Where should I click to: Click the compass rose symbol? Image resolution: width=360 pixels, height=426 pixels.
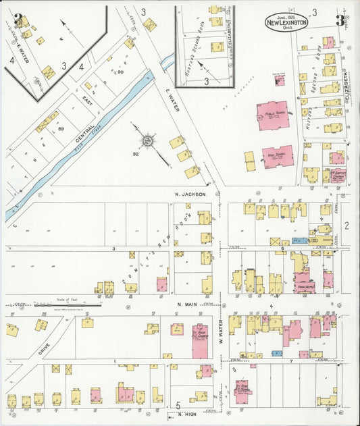click(146, 142)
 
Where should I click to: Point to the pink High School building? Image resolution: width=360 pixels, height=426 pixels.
click(278, 157)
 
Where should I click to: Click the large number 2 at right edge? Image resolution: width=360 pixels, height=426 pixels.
click(346, 225)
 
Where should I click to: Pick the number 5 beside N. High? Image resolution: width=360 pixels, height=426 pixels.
click(177, 404)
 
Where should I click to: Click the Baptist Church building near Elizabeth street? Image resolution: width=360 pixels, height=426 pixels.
click(336, 176)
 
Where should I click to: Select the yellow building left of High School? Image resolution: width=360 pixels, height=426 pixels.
click(250, 161)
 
